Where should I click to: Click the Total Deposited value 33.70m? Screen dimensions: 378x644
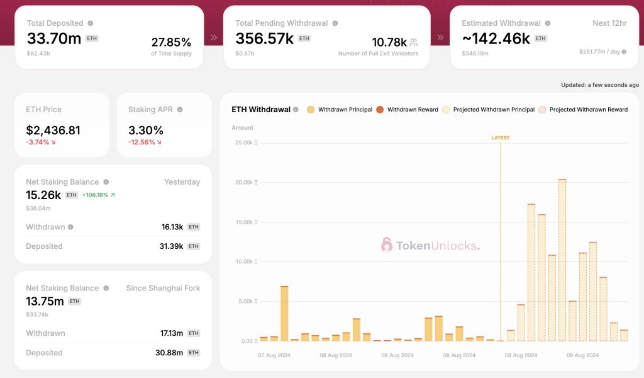tap(53, 38)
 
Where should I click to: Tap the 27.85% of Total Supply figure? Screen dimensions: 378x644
tap(171, 42)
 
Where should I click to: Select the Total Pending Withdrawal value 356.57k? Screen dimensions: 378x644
tap(264, 38)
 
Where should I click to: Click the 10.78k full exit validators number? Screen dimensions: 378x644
tap(389, 42)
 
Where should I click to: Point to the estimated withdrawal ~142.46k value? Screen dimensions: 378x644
tap(496, 38)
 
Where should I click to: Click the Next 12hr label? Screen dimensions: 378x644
tap(609, 23)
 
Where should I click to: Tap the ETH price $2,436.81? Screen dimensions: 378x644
tap(53, 130)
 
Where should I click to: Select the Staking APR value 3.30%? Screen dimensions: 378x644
tap(145, 130)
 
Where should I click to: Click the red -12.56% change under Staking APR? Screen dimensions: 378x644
tap(145, 142)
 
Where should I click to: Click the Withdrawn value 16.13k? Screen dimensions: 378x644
tap(172, 227)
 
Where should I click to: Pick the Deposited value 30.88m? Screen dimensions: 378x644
tap(169, 353)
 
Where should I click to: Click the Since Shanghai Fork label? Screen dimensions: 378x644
tap(163, 288)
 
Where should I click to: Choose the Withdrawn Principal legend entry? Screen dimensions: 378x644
tap(340, 110)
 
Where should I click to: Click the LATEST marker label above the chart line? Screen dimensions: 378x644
tap(501, 137)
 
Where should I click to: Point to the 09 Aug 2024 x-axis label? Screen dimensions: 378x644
tap(583, 355)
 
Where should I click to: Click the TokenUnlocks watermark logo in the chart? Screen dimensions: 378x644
tap(430, 245)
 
